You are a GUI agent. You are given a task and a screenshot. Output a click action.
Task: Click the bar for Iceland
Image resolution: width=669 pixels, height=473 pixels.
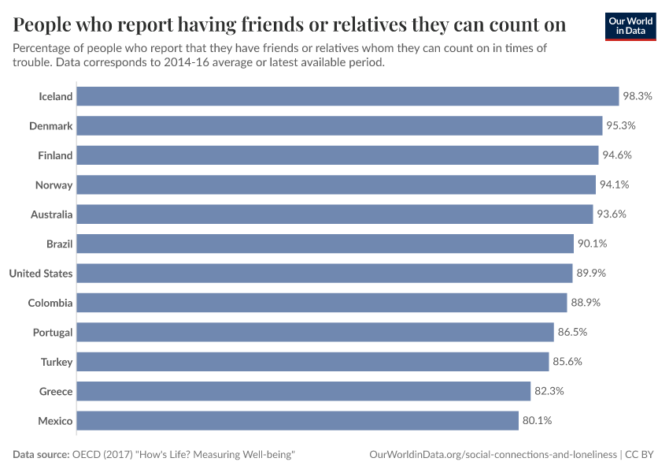pyautogui.click(x=347, y=96)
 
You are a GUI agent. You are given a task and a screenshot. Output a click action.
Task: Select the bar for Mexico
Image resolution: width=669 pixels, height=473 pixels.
pyautogui.click(x=298, y=421)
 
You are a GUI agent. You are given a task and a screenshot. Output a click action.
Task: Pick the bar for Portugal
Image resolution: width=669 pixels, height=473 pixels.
pyautogui.click(x=315, y=333)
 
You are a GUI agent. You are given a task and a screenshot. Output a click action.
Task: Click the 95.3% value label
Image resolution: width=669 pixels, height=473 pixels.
pyautogui.click(x=620, y=126)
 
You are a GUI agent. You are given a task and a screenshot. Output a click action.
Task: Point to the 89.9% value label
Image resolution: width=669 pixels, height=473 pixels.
pyautogui.click(x=592, y=274)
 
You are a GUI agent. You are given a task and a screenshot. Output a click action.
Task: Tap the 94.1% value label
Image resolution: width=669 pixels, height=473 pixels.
pyautogui.click(x=615, y=185)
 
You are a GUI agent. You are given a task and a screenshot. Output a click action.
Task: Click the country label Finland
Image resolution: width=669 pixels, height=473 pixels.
pyautogui.click(x=55, y=155)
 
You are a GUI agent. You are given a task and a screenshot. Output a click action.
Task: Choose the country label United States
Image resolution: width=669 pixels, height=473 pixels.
pyautogui.click(x=41, y=274)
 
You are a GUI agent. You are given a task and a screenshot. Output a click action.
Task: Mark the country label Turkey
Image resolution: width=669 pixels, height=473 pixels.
pyautogui.click(x=57, y=362)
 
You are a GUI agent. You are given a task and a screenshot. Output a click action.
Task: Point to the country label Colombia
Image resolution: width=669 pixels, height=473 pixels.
pyautogui.click(x=50, y=303)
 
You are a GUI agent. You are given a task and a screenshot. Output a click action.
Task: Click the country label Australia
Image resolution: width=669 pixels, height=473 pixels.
pyautogui.click(x=52, y=214)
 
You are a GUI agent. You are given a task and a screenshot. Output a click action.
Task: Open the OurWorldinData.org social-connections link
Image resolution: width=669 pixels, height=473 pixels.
pyautogui.click(x=493, y=455)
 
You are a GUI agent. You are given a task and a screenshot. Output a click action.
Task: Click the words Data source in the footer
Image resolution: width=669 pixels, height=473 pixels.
pyautogui.click(x=42, y=455)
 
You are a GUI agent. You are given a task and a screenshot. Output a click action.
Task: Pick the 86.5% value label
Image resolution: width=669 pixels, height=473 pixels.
pyautogui.click(x=573, y=333)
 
